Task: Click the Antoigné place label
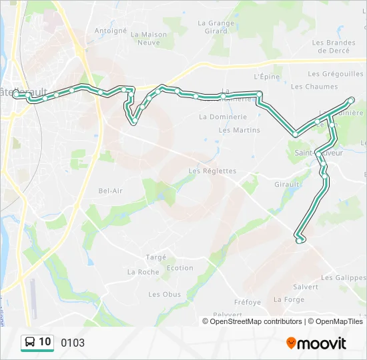110,31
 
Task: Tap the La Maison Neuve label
149,38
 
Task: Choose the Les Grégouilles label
336,74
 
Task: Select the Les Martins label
239,130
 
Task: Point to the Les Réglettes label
212,171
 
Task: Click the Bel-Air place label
111,191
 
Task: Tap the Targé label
155,257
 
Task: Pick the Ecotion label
179,268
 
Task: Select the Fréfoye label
248,302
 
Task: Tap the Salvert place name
305,287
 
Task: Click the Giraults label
289,184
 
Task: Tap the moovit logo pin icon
291,343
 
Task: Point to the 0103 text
73,343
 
